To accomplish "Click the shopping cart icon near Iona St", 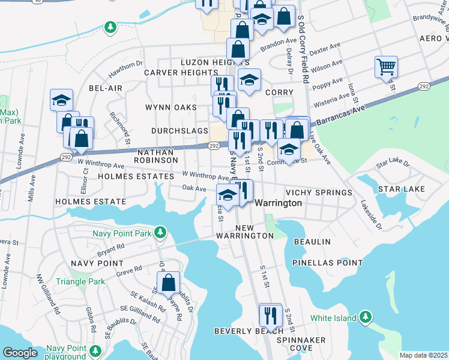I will click(x=386, y=67).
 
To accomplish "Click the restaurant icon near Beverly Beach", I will click(x=271, y=314).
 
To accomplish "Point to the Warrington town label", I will click(x=279, y=203).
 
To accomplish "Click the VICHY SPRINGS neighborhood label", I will click(x=319, y=193).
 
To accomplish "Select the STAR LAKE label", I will click(x=402, y=189).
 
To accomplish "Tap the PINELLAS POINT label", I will click(x=327, y=263).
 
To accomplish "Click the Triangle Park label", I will click(x=80, y=281).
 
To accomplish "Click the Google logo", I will click(x=20, y=353).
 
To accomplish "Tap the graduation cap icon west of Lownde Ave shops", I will click(x=61, y=100).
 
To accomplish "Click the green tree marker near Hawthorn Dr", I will click(x=110, y=27).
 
